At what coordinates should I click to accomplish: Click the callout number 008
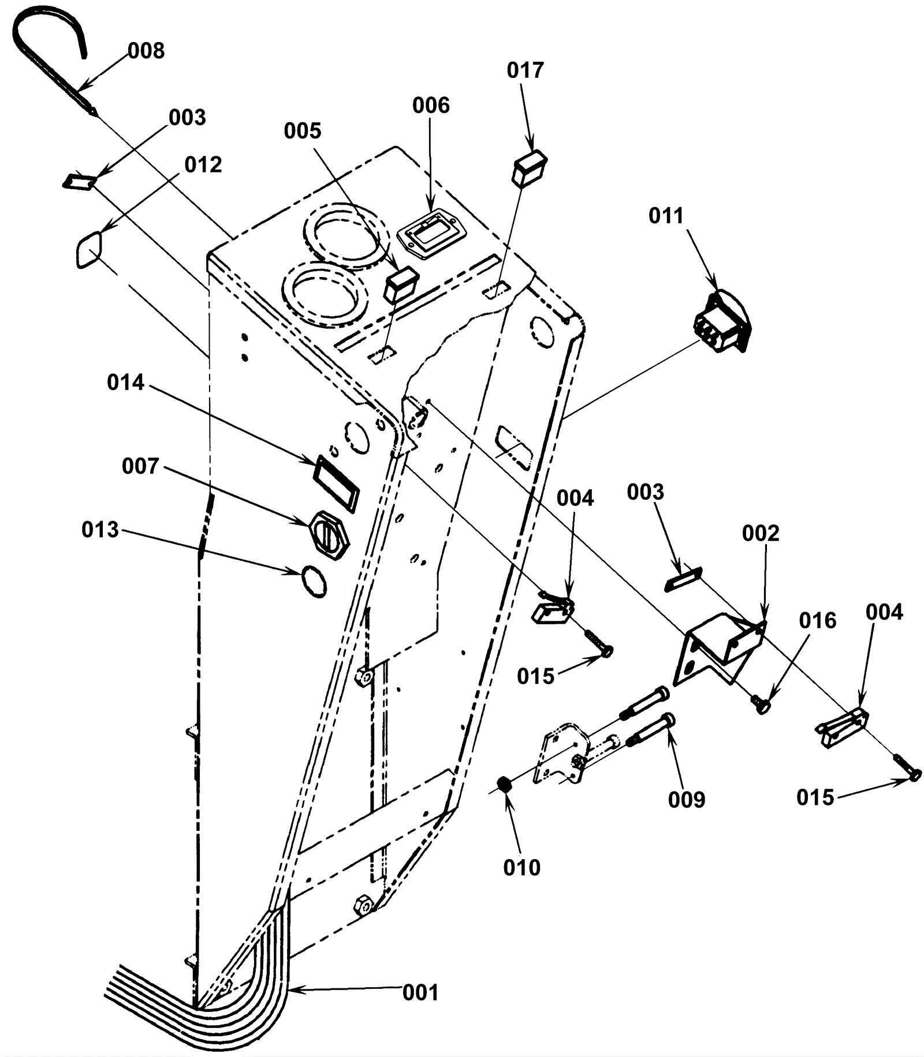click(146, 51)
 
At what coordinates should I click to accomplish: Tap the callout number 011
click(666, 216)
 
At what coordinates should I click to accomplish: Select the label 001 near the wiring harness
click(420, 992)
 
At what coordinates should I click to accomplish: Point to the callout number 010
click(521, 867)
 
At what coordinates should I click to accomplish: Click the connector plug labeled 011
click(722, 321)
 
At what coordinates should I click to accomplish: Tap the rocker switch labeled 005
click(401, 284)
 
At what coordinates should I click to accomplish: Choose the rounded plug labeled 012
click(89, 249)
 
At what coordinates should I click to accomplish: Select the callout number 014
click(125, 383)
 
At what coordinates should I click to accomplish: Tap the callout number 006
click(431, 106)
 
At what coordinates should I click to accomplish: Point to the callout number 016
click(818, 620)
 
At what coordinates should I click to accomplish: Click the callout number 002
click(761, 533)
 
